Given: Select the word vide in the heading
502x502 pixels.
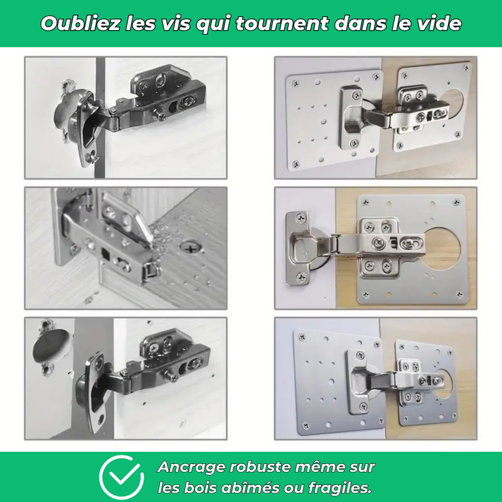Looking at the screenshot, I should click(439, 24).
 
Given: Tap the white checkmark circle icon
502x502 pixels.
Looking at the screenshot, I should click(122, 477).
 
